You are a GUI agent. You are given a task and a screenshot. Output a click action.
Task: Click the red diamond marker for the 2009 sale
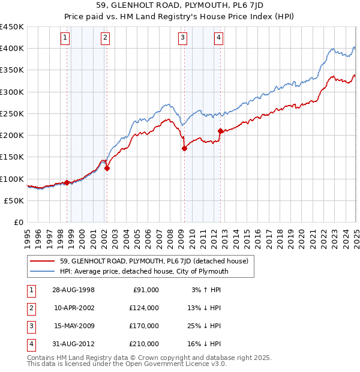(184, 149)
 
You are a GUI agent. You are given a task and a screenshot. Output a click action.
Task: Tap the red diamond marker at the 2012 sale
(220, 131)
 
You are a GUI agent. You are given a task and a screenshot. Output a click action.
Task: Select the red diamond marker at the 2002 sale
(107, 169)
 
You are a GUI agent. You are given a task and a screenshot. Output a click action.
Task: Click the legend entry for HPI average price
(144, 271)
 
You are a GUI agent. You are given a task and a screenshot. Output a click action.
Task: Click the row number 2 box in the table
(31, 308)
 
